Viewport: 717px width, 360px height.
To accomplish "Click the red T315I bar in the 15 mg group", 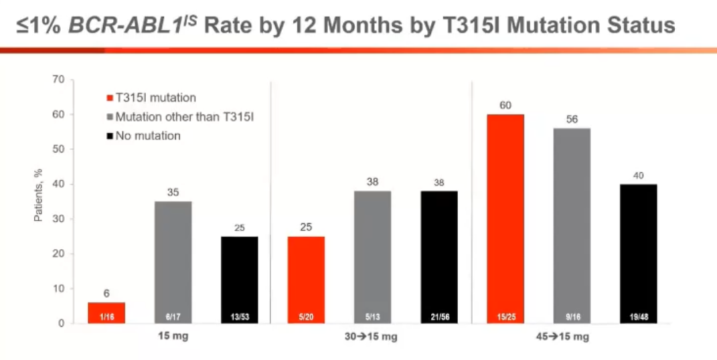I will click(x=107, y=313).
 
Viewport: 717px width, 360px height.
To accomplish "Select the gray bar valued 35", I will click(x=173, y=262).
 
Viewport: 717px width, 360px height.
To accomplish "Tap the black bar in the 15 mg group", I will click(x=239, y=280).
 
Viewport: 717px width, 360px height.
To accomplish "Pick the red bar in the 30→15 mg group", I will click(x=306, y=280).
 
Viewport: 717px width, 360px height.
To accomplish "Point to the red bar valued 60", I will click(x=505, y=219).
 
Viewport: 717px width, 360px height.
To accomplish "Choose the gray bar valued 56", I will click(x=571, y=226).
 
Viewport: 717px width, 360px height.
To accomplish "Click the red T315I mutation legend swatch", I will click(x=108, y=98).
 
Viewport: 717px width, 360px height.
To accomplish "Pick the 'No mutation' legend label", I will click(x=147, y=136).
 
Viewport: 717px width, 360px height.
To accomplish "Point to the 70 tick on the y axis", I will click(x=58, y=80).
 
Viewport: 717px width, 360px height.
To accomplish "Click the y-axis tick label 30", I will click(x=58, y=219).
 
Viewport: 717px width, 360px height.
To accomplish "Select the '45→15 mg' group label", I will click(x=571, y=337).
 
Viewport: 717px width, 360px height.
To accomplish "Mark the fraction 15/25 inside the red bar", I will click(x=505, y=316).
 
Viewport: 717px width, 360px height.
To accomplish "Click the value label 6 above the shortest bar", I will click(x=107, y=292).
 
